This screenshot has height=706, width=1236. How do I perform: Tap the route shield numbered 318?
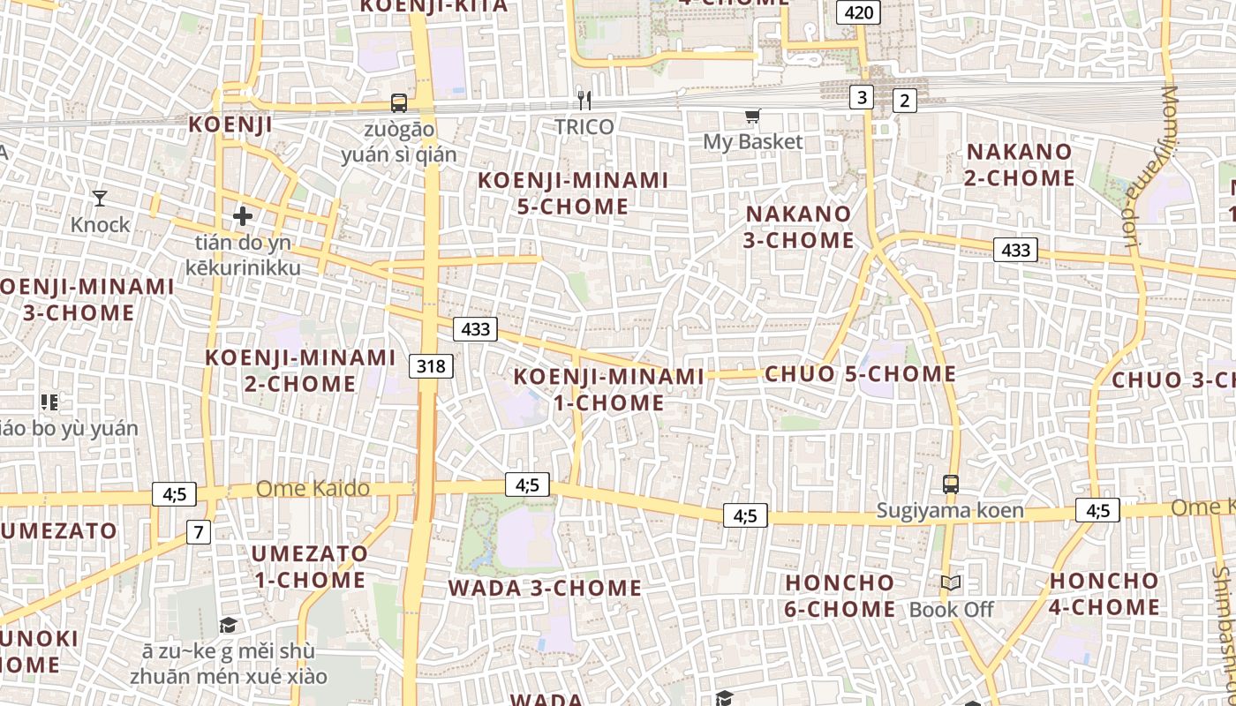click(x=431, y=365)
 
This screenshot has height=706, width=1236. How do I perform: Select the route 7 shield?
click(x=199, y=532)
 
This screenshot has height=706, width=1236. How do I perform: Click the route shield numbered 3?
click(x=862, y=96)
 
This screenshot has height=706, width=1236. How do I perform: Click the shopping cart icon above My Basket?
click(x=753, y=116)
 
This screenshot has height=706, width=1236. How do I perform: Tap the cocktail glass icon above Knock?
click(x=100, y=198)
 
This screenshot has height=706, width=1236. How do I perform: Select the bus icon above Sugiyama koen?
click(x=951, y=484)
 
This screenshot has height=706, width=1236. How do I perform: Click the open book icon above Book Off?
click(x=951, y=583)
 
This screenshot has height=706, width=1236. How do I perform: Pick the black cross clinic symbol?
click(x=243, y=215)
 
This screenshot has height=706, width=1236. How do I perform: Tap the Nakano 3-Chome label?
click(x=799, y=227)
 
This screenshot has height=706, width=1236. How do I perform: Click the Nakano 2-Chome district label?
click(x=1020, y=165)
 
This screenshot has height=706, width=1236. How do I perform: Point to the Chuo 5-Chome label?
click(x=861, y=374)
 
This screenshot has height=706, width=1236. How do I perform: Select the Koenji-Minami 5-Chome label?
click(x=573, y=193)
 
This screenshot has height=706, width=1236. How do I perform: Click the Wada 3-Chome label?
click(x=545, y=588)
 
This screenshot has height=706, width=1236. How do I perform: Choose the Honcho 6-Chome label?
click(x=840, y=596)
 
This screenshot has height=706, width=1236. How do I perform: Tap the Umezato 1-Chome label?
click(x=310, y=567)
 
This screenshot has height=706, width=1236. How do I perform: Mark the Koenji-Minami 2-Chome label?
click(x=300, y=371)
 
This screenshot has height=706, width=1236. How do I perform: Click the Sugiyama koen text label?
click(x=950, y=511)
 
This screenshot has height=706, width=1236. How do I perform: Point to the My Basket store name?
click(x=753, y=141)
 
